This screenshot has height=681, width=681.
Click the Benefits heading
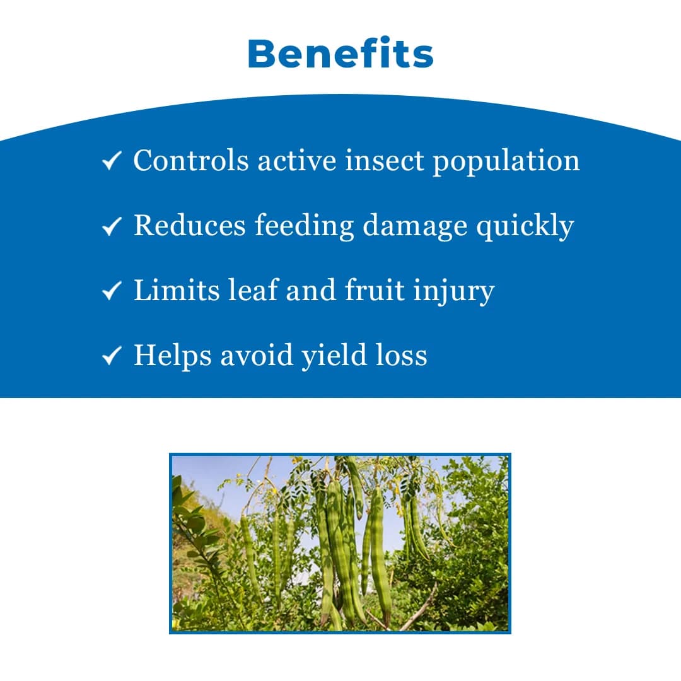[x=340, y=54]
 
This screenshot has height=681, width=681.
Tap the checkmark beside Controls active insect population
[x=112, y=160]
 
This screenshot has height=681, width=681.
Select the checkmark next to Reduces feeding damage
[x=112, y=226]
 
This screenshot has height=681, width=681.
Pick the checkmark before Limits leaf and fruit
[x=112, y=291]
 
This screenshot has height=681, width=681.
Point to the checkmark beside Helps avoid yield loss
[x=112, y=356]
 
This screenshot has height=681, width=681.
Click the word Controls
[x=191, y=160]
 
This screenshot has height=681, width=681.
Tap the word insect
[x=385, y=160]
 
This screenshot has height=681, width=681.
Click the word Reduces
[x=190, y=225]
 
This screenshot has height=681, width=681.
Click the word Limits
[x=177, y=290]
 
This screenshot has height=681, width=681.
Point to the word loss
[x=401, y=355]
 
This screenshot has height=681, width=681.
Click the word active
[x=297, y=160]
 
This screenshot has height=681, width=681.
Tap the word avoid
[x=257, y=355]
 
